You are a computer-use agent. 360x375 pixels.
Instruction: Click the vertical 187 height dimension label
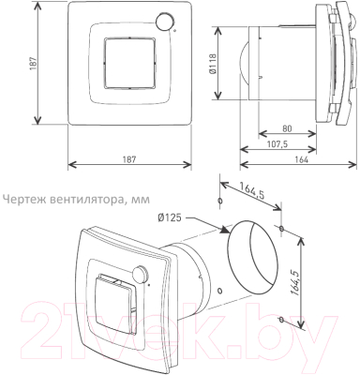pos(35,63)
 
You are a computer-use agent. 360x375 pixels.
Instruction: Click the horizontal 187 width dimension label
pos(129,159)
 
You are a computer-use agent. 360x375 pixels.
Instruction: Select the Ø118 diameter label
pos(213,64)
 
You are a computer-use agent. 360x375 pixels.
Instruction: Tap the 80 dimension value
pos(287,128)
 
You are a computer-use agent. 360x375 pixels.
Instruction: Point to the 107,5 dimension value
pos(277,144)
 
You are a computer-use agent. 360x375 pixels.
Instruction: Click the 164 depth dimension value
pos(302,159)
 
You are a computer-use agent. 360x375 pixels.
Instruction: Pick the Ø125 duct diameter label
pos(170,217)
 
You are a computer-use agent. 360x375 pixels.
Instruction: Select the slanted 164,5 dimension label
pos(252,190)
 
